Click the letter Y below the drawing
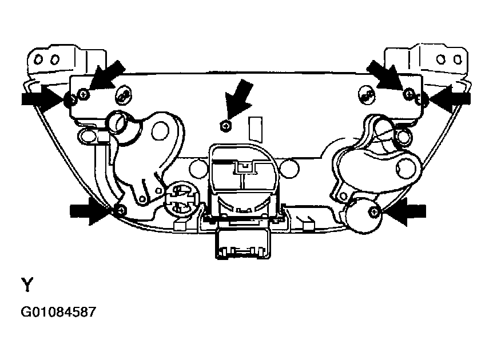coord(27,285)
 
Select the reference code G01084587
coord(58,312)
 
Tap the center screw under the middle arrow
coord(226,126)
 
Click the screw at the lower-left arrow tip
coord(121,210)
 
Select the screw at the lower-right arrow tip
coord(374,212)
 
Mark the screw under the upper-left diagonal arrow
coord(84,94)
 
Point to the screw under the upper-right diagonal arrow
coord(409,93)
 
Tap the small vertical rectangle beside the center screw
coord(255,129)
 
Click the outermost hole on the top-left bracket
coord(39,59)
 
